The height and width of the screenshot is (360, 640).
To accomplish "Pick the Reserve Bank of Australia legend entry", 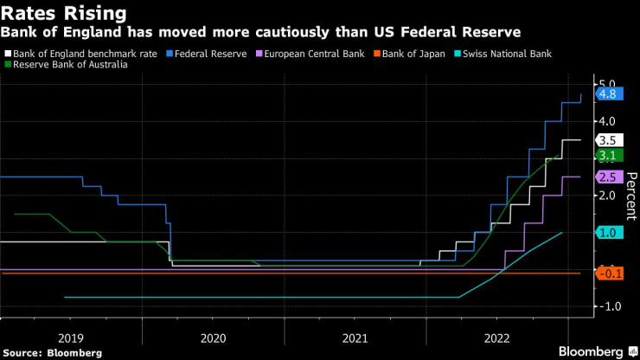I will click(x=66, y=64).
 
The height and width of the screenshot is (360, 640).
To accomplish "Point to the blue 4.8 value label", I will click(x=607, y=94).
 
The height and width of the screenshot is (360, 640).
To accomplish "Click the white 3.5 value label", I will click(x=607, y=139).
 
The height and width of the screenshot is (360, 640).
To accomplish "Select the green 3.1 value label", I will click(x=607, y=155).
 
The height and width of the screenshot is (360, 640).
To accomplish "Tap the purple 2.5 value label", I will click(x=607, y=177).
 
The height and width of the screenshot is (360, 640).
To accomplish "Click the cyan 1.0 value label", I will click(x=607, y=233).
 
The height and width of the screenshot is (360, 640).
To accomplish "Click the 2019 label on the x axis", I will click(x=72, y=337).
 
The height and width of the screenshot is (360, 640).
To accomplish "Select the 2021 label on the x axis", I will click(x=355, y=337).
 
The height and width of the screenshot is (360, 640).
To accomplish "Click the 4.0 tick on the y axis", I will click(x=605, y=120).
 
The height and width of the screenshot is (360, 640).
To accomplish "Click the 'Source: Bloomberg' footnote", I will click(x=52, y=352).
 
